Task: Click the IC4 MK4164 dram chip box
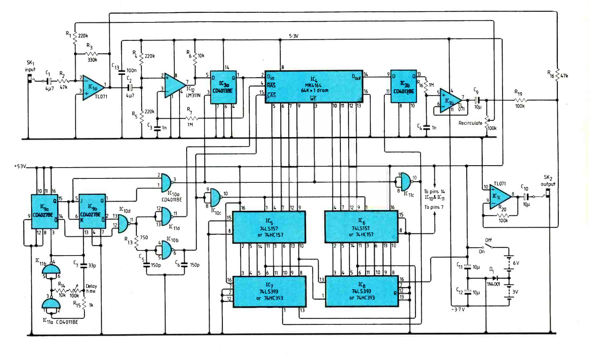point(314,87)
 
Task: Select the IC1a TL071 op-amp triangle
point(92,88)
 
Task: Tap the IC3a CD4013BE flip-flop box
point(223,87)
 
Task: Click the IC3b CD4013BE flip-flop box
point(403,86)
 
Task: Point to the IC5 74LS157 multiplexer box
point(269,227)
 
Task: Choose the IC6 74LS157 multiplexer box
point(361,227)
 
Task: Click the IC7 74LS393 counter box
point(270,292)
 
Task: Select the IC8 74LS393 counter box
point(362,292)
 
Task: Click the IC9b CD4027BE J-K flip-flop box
point(92,212)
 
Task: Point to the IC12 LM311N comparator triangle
point(174,85)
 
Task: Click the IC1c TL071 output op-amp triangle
point(498,197)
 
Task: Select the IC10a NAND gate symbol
point(165,182)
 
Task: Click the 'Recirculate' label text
point(470,123)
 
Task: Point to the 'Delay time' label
point(91,288)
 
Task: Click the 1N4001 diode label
point(493,284)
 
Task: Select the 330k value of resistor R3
point(92,60)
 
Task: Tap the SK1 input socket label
point(30,66)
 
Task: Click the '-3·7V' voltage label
point(458,310)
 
